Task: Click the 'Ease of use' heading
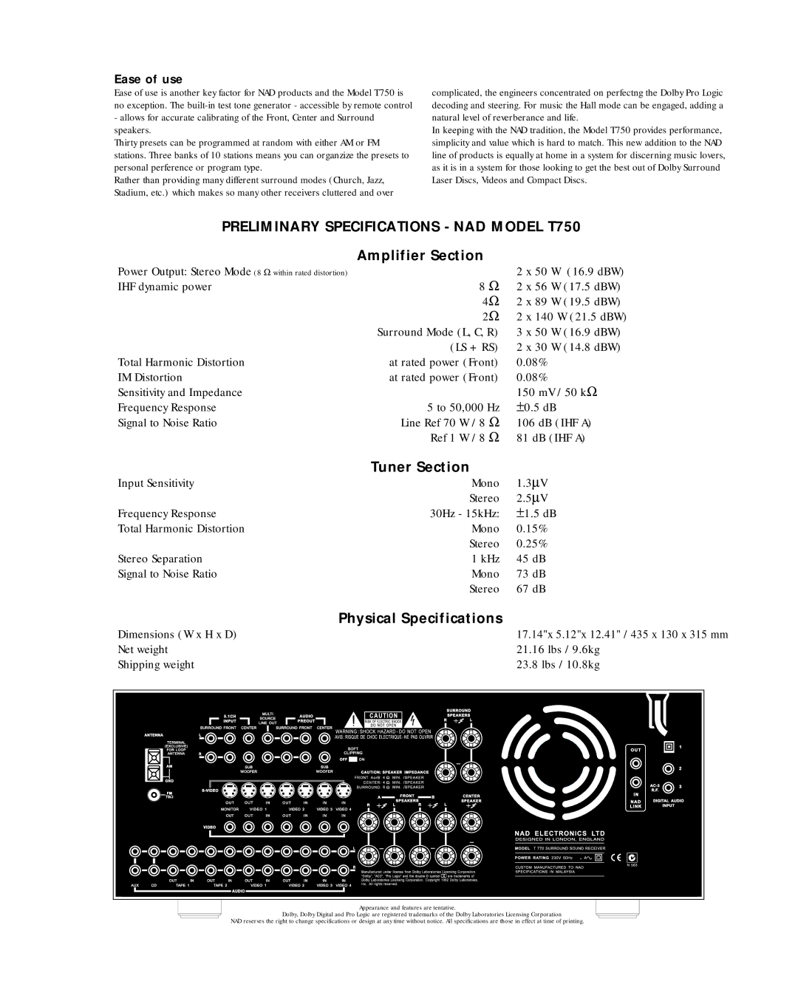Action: click(148, 78)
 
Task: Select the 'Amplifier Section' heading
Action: click(420, 256)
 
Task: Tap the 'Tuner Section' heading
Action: click(420, 467)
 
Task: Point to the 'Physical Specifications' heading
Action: click(420, 618)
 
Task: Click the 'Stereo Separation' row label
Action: click(160, 559)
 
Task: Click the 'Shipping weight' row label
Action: click(156, 664)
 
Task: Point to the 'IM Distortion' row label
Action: click(150, 377)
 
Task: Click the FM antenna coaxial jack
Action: click(154, 796)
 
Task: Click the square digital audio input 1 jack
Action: click(669, 745)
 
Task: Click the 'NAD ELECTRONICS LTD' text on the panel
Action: click(559, 833)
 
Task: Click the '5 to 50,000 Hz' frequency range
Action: click(463, 407)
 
